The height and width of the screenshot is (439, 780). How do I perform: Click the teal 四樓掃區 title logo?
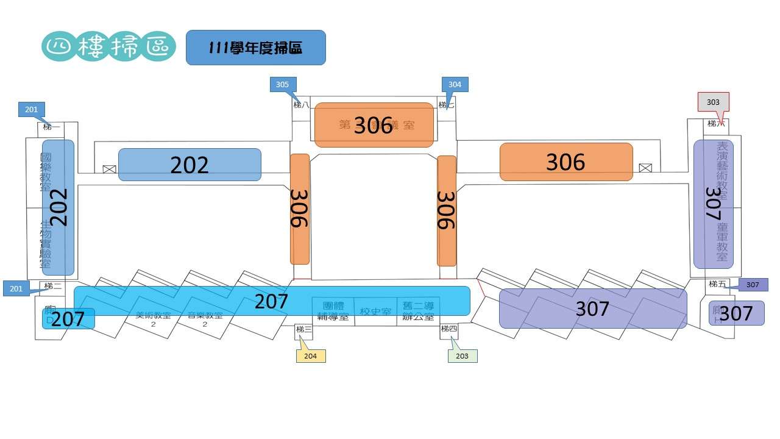pos(109,47)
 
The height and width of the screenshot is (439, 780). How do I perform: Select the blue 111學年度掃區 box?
pos(255,48)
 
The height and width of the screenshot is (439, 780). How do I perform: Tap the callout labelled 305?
pos(282,85)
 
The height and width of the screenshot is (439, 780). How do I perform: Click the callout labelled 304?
pos(455,85)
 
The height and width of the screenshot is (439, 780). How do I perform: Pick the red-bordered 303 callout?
pos(713,102)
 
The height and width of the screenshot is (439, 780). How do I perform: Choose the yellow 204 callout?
pos(311,355)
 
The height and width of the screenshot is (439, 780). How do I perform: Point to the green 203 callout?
pos(463,355)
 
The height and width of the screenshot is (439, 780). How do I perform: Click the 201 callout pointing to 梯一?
pos(32,110)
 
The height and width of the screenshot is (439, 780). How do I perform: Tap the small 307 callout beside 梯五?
pos(753,285)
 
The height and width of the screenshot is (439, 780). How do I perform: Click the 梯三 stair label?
pos(303,330)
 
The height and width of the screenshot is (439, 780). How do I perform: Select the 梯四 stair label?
pos(449,329)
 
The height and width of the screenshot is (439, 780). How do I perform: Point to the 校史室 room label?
pos(375,312)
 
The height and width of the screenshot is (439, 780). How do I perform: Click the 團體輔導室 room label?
pos(333,312)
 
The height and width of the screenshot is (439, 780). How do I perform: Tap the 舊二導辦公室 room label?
pos(417,312)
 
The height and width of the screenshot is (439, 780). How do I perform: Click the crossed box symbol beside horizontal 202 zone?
pos(110,169)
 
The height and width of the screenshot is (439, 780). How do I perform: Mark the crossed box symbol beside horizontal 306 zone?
pos(645,168)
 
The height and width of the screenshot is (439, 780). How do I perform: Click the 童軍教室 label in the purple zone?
pos(722,242)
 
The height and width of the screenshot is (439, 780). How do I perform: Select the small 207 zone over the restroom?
pos(68,318)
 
